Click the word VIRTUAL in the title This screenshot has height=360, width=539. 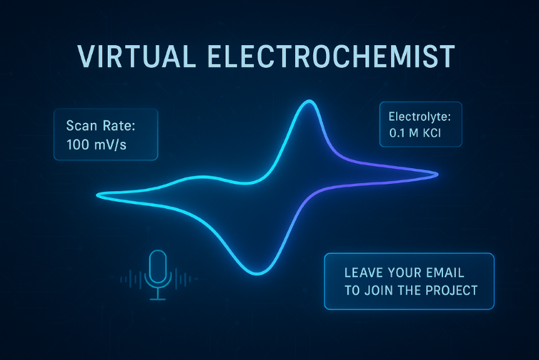pyautogui.click(x=136, y=56)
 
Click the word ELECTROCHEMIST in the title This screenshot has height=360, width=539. pyautogui.click(x=332, y=56)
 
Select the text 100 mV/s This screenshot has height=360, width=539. pyautogui.click(x=97, y=145)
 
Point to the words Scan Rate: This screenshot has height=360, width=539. pyautogui.click(x=101, y=125)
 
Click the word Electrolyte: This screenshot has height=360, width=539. pyautogui.click(x=419, y=117)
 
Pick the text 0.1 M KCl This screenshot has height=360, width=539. pyautogui.click(x=415, y=133)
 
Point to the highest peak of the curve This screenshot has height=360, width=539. pyautogui.click(x=310, y=101)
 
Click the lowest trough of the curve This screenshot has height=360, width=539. pyautogui.click(x=257, y=273)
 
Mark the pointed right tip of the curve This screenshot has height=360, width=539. pyautogui.click(x=437, y=175)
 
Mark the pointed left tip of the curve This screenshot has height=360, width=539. pyautogui.click(x=98, y=195)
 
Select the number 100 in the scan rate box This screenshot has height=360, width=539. pyautogui.click(x=78, y=145)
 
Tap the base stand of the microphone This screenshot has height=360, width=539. pyautogui.click(x=158, y=299)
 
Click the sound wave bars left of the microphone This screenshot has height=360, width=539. pyautogui.click(x=132, y=279)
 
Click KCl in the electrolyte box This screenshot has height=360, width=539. pyautogui.click(x=432, y=133)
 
